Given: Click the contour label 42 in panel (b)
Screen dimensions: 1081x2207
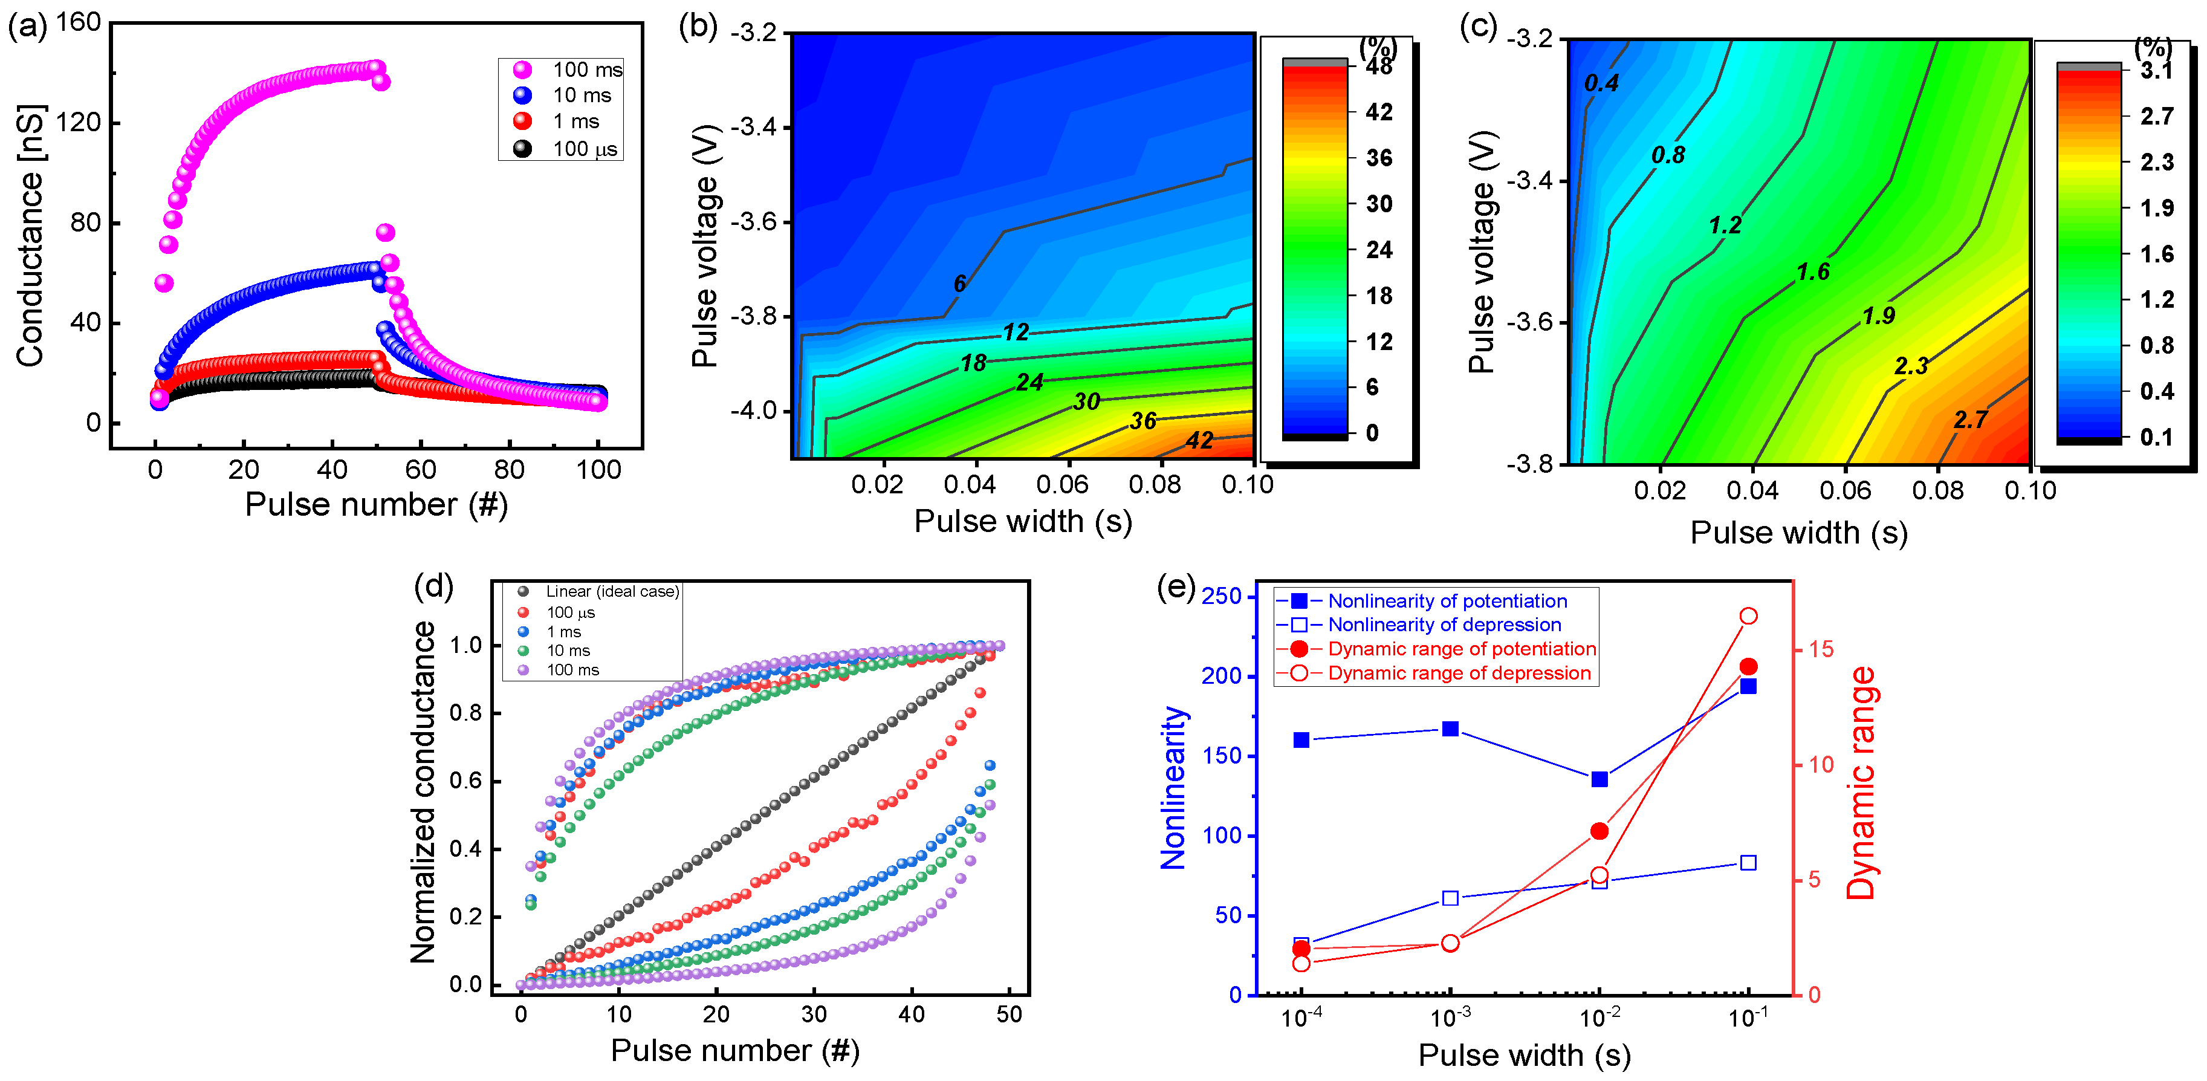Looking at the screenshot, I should click(x=1199, y=440).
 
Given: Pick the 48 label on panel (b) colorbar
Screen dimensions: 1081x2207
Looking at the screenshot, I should click(x=1378, y=67).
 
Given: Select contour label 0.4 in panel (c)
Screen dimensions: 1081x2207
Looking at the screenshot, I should click(x=1601, y=83).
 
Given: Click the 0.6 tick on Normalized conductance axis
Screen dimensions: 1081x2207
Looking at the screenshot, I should click(x=465, y=781).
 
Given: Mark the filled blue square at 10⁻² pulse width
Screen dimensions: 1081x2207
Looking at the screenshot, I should click(x=1599, y=779).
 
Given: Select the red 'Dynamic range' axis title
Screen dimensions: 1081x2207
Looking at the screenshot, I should click(x=1860, y=783).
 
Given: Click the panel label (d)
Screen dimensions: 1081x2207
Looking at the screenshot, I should click(x=433, y=587).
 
